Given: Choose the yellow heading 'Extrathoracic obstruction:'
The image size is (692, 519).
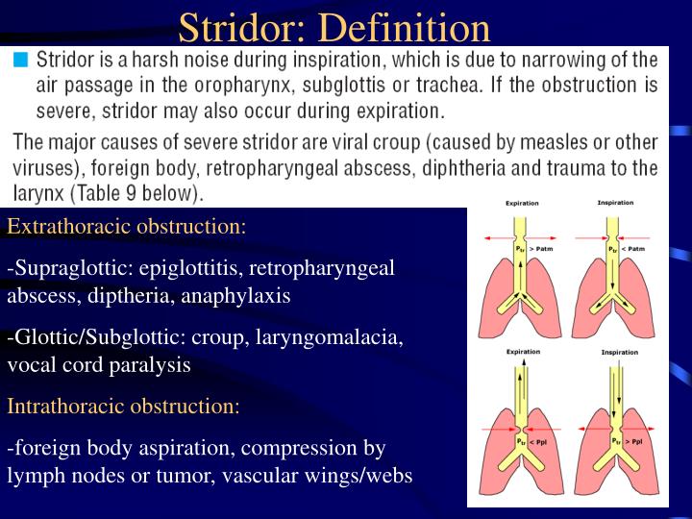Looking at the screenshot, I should pyautogui.click(x=127, y=228).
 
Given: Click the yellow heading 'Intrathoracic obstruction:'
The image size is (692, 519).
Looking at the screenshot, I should pyautogui.click(x=124, y=407).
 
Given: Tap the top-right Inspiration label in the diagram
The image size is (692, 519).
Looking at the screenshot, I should pyautogui.click(x=615, y=204).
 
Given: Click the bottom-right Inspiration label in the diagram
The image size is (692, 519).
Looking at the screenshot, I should pyautogui.click(x=619, y=353).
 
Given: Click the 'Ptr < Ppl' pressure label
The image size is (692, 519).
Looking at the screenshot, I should pyautogui.click(x=529, y=441).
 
